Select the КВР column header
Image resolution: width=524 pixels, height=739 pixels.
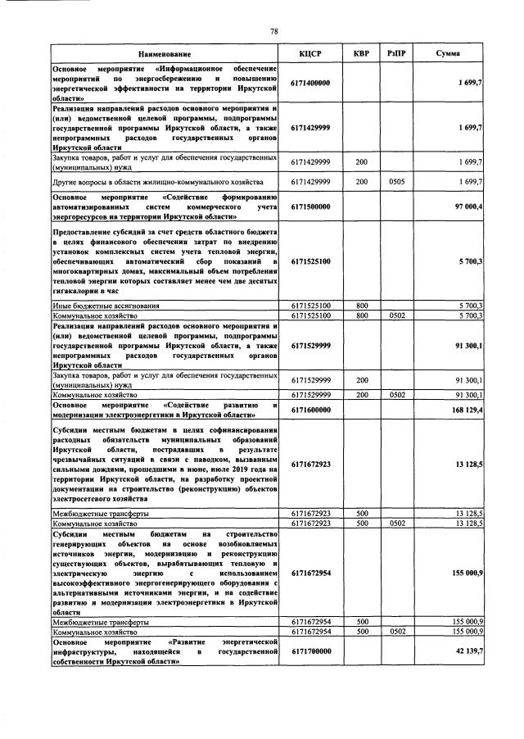coord(361,53)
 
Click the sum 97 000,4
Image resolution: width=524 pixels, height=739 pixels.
coord(465,206)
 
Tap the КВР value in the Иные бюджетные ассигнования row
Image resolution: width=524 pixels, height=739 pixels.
coord(361,305)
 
